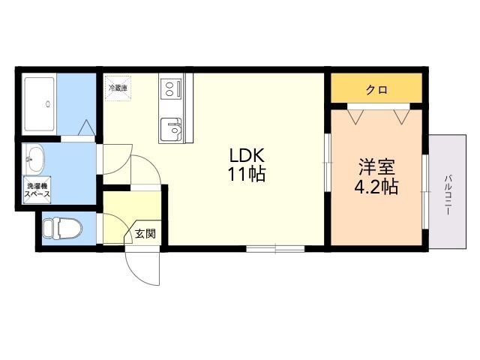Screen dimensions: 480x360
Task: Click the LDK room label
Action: [x=247, y=156]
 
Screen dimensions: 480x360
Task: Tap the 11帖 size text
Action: [x=246, y=175]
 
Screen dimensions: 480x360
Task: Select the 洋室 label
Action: [x=376, y=167]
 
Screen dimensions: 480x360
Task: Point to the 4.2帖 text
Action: [x=376, y=187]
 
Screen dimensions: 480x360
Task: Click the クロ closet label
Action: [x=376, y=90]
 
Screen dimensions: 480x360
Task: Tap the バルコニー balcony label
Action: [x=448, y=195]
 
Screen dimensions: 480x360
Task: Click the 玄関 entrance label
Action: [x=145, y=234]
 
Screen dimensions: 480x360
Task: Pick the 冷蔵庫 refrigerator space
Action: [x=118, y=88]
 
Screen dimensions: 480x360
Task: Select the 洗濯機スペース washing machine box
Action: [x=37, y=190]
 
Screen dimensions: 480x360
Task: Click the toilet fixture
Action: [x=63, y=228]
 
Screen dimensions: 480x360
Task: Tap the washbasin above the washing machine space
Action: [x=35, y=159]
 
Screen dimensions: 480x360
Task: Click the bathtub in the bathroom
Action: [x=39, y=104]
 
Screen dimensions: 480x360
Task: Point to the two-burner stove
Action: [x=171, y=88]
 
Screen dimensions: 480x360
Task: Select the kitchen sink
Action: [x=171, y=129]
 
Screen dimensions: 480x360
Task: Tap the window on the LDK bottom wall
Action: [x=275, y=248]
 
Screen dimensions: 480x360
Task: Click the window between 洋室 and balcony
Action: [x=425, y=192]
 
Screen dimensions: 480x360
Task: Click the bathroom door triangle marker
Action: [x=87, y=127]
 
